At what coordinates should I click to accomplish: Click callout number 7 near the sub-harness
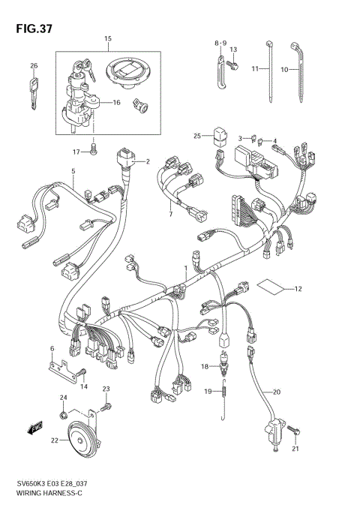pyautogui.click(x=171, y=215)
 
